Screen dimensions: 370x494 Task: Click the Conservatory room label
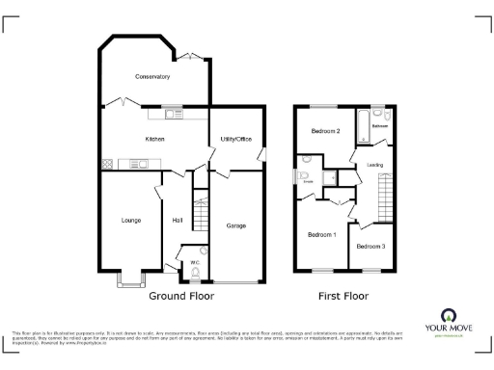(152, 76)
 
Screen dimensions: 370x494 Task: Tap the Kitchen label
(154, 140)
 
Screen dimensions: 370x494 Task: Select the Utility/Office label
(236, 140)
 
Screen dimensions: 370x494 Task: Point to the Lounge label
(131, 221)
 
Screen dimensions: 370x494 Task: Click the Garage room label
(235, 225)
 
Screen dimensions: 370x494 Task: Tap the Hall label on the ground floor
(178, 221)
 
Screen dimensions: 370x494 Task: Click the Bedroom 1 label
(320, 234)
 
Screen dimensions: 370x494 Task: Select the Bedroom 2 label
(324, 131)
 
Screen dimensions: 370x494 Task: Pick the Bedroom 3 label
(370, 247)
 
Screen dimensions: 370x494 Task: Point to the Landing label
(374, 165)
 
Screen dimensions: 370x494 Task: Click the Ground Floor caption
(181, 296)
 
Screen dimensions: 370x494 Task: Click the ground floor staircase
(201, 212)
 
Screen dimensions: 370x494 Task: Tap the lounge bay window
(130, 280)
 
